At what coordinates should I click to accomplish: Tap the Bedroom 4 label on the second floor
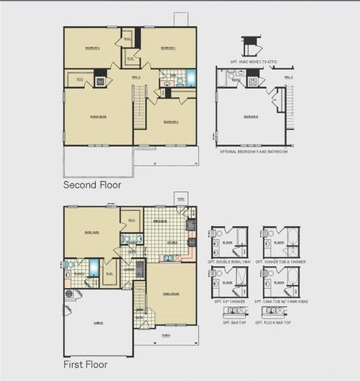click(93, 48)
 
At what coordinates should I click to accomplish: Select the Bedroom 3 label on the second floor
click(167, 48)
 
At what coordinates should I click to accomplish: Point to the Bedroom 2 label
click(170, 121)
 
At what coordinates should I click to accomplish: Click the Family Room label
click(170, 293)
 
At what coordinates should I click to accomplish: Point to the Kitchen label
click(170, 241)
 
